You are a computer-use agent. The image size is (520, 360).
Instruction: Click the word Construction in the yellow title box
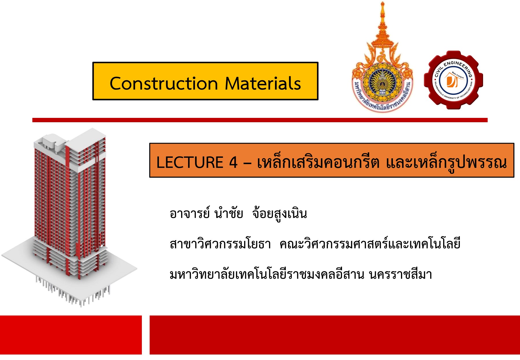pyautogui.click(x=164, y=84)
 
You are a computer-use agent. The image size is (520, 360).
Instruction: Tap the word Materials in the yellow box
pyautogui.click(x=263, y=84)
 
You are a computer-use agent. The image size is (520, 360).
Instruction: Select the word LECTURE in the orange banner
pyautogui.click(x=190, y=162)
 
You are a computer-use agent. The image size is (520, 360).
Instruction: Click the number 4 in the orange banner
pyautogui.click(x=233, y=162)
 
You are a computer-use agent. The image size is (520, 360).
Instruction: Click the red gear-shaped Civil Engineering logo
pyautogui.click(x=453, y=80)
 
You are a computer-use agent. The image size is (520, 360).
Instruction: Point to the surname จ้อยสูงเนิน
pyautogui.click(x=279, y=214)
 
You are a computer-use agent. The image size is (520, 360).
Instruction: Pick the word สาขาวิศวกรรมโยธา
pyautogui.click(x=220, y=244)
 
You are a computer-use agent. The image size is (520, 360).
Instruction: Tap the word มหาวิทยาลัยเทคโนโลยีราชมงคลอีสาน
pyautogui.click(x=267, y=274)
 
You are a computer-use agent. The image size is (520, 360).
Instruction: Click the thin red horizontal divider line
pyautogui.click(x=260, y=120)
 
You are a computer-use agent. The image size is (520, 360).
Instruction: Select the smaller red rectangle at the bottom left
pyautogui.click(x=71, y=335)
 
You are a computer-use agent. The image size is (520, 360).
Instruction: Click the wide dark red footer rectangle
pyautogui.click(x=335, y=335)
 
